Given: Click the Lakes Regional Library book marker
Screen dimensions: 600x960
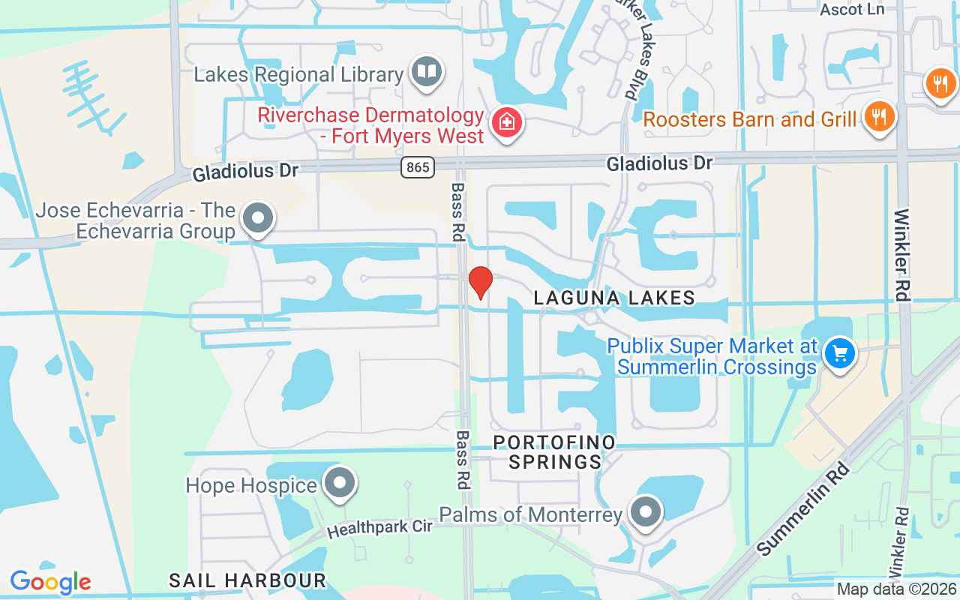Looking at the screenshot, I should pos(427,72).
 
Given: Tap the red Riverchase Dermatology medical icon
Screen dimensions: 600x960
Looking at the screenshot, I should pos(507,121).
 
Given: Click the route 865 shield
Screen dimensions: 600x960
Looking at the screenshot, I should pos(417,166).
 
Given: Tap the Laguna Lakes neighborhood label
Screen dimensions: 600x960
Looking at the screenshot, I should pos(614,298).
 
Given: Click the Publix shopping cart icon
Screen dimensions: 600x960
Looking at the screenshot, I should pos(839,352).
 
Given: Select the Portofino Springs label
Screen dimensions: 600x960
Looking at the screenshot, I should pos(554,451).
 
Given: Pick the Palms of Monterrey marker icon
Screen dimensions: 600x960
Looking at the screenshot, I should pos(645,513).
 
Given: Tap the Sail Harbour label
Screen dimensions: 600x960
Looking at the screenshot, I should pos(247,580).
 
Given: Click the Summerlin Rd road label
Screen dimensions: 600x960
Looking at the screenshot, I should pos(803,509).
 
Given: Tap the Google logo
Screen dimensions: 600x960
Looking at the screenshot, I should pos(50,582).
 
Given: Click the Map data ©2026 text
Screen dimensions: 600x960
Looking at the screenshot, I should pos(896,589).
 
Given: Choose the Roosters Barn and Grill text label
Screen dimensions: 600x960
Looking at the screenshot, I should pos(749,119).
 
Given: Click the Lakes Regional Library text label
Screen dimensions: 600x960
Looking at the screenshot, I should pos(298,74).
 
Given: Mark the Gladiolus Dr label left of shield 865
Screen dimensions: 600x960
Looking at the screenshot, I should pos(245,172).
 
